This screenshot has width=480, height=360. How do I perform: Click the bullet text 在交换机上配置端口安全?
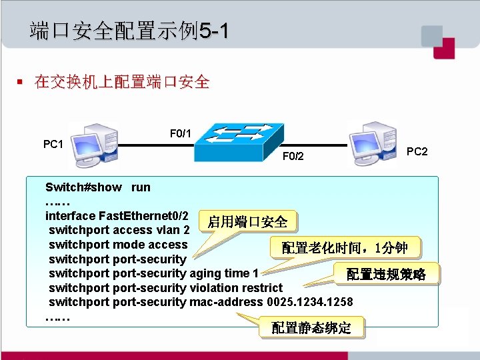coord(122,83)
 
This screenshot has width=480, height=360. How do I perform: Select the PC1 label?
coord(53,144)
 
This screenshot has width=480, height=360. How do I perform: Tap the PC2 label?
coord(417,152)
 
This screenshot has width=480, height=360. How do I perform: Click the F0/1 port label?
coord(181,134)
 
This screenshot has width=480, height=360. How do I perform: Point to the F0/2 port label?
coord(293,157)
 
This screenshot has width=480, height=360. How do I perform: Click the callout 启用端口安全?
coord(247,221)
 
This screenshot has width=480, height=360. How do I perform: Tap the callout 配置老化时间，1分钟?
coord(344,248)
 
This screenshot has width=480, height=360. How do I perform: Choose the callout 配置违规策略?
coord(385,274)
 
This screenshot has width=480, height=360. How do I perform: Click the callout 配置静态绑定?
coord(311,328)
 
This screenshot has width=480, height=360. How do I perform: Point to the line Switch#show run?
coord(98,187)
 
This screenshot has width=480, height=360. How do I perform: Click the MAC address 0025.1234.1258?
coord(310,302)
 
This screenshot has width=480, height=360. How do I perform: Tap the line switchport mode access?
coord(118,245)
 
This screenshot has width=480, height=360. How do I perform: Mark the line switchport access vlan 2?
coord(119,230)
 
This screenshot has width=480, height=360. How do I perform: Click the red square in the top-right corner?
coord(444,48)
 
